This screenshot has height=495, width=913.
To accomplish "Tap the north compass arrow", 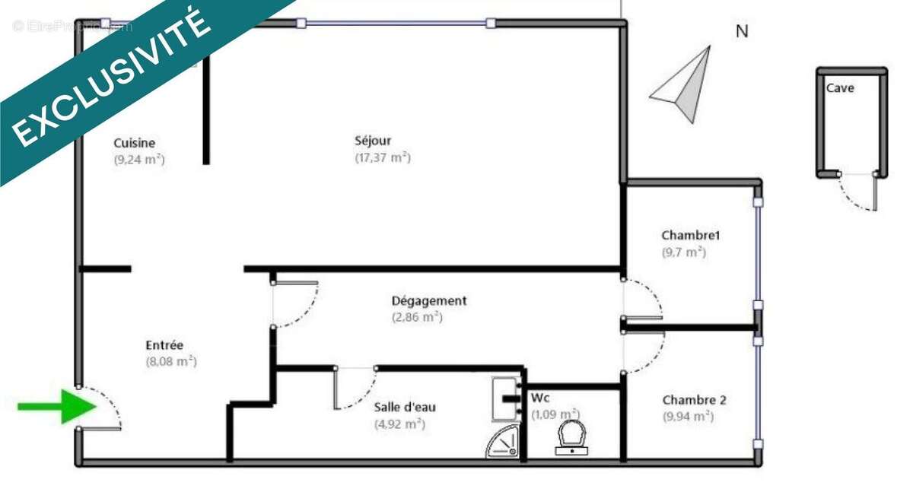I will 685,85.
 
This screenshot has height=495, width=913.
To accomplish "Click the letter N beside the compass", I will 742,31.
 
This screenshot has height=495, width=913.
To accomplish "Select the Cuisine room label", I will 135,143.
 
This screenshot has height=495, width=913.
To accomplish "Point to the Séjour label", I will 373,141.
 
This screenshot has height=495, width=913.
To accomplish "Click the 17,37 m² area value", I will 382,157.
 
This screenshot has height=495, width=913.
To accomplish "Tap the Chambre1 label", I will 691,235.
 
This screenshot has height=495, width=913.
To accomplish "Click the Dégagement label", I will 429,300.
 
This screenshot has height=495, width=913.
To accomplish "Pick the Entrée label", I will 164,345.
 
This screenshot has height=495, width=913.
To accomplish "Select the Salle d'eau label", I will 405,407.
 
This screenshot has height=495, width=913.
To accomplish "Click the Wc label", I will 540,398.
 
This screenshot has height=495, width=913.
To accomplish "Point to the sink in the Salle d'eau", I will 504,399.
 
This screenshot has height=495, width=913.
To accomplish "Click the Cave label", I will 840,88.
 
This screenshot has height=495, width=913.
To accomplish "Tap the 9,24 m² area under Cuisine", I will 139,160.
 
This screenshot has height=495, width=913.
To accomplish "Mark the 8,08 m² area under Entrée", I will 171,362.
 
